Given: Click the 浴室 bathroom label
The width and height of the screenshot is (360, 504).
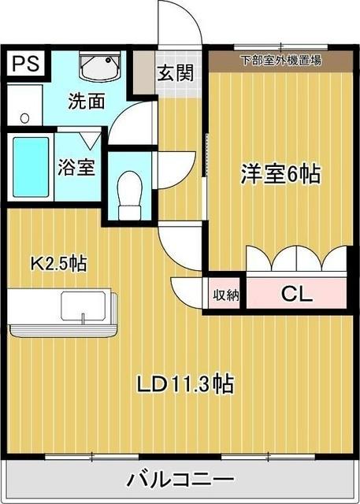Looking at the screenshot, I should click(77, 168).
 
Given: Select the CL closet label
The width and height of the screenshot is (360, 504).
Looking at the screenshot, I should click(297, 295).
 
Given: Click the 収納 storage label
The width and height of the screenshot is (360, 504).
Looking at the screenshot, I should click(225, 295).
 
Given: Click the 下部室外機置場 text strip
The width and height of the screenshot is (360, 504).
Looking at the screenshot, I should click(280, 60).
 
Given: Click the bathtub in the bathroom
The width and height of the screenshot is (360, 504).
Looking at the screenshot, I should click(32, 168).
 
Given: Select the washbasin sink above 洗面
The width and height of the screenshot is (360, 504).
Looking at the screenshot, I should click(99, 68).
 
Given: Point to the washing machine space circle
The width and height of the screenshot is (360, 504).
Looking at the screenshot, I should click(24, 118).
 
